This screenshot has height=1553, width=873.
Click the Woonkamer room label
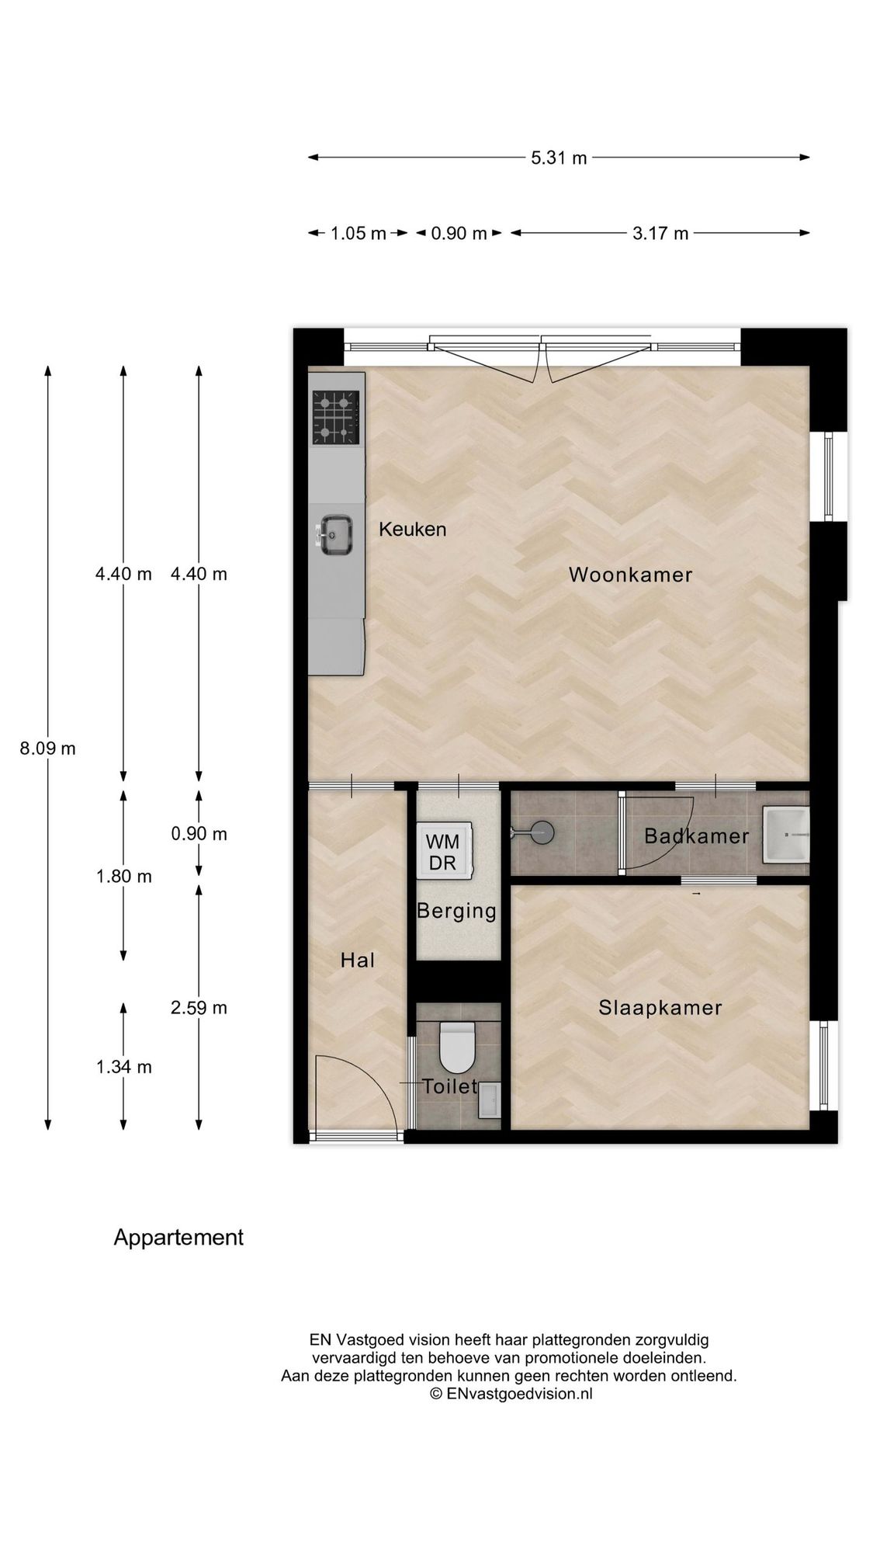(x=630, y=575)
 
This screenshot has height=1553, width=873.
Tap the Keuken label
(x=412, y=530)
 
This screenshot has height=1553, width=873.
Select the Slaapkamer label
(x=660, y=1008)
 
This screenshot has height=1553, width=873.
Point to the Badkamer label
(x=696, y=836)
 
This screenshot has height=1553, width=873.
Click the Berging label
(x=456, y=912)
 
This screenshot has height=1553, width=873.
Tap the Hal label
(x=358, y=961)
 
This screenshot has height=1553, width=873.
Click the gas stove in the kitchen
(x=336, y=417)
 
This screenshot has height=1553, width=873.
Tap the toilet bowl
(x=457, y=1047)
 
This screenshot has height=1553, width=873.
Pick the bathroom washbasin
(x=785, y=835)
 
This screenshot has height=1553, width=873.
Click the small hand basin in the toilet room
(x=489, y=1100)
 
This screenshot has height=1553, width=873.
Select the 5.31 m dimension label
(x=559, y=158)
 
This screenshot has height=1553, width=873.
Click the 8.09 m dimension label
(x=48, y=749)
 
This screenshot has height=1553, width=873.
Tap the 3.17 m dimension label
(x=660, y=233)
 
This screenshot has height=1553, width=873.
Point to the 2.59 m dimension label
(x=199, y=1008)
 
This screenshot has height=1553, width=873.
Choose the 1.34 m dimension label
(x=123, y=1067)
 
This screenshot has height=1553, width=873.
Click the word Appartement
(x=178, y=1238)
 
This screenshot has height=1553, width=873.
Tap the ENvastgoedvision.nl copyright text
(x=511, y=1415)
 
